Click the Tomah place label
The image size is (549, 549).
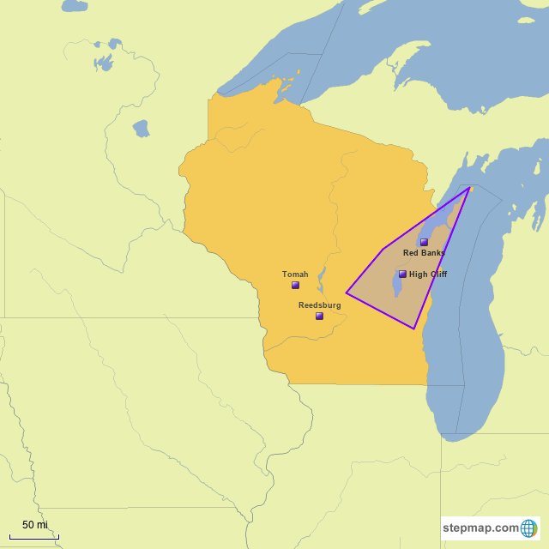tap(295, 274)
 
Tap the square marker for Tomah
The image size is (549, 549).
tap(295, 285)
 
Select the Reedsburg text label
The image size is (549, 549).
tap(319, 305)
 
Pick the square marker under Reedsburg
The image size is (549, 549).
tap(319, 316)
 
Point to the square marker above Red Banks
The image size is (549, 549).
tap(424, 242)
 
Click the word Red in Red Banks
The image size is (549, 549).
tap(412, 253)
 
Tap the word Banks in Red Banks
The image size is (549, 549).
tap(433, 253)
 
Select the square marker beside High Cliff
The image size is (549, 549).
tap(402, 274)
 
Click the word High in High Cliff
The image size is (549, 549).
tap(418, 274)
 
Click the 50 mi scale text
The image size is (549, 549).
tap(35, 525)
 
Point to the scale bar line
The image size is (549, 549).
tap(35, 537)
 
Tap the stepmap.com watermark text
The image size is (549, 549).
tap(481, 528)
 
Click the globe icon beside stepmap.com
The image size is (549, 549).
tap(528, 528)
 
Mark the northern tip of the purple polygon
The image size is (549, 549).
tap(469, 188)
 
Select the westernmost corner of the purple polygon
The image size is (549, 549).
tap(347, 293)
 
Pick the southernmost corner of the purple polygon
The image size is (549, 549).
tap(414, 329)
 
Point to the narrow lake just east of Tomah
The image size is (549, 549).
tap(322, 277)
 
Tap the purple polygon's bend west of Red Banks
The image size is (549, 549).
tap(383, 249)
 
